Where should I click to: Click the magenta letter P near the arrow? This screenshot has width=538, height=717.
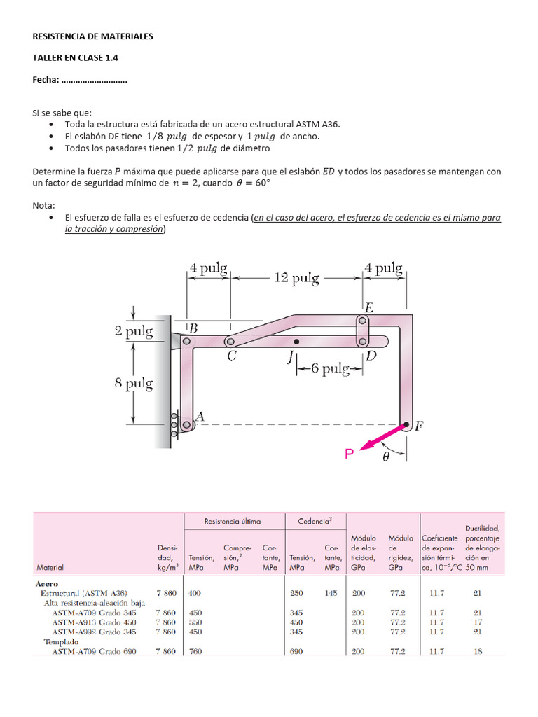350,455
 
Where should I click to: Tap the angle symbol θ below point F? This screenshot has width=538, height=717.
386,457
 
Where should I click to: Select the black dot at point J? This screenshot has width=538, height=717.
296,342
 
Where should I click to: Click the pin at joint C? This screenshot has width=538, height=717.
230,342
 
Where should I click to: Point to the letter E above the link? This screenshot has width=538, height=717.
369,307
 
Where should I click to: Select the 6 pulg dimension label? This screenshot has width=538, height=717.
326,368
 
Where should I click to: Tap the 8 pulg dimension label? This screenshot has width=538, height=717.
134,383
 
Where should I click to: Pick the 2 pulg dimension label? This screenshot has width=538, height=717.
134,332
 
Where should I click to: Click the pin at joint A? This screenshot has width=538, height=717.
186,424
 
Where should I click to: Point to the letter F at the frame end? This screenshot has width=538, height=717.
418,425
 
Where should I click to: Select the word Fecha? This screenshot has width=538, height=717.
45,81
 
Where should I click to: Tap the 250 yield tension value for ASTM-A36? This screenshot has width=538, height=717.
297,593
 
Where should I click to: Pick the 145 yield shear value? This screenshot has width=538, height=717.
331,593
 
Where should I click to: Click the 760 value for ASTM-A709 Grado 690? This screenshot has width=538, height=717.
195,651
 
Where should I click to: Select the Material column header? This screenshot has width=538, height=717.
50,567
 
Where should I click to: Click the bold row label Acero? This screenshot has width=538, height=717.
47,583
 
